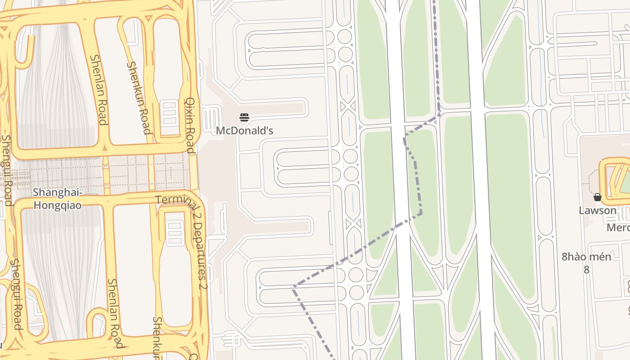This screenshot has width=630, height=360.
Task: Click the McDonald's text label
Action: point(244,130)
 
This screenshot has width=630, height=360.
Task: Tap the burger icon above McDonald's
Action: point(244,117)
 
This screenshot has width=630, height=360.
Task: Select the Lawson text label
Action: point(597,210)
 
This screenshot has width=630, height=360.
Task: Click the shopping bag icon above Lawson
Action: point(597,197)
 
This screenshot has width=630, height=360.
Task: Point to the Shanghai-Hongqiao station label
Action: point(57,199)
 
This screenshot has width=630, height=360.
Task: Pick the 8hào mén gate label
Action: point(586,257)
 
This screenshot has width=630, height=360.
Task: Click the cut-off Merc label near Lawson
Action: point(618,227)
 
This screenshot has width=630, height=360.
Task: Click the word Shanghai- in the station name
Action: point(57,193)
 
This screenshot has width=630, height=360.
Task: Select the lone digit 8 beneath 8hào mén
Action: point(586,270)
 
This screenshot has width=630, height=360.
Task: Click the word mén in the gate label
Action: point(601,257)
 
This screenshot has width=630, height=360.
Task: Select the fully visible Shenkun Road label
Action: point(138,98)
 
